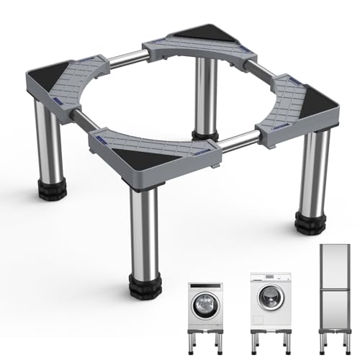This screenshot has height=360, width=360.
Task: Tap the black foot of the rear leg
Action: pos(205,134)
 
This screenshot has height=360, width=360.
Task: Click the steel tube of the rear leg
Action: pos(207,94)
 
